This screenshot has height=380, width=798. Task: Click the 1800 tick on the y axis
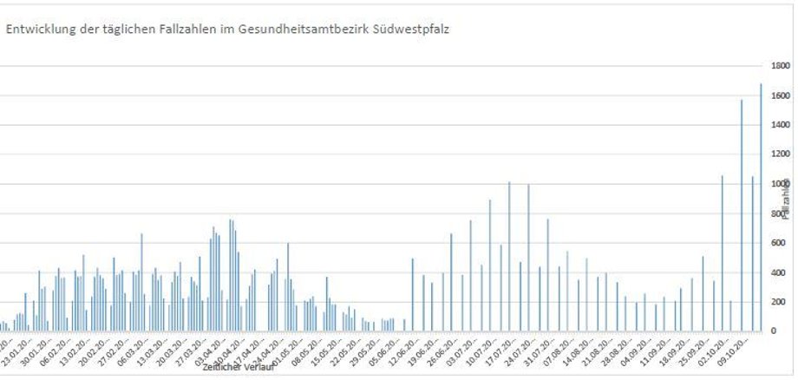(x=780, y=66)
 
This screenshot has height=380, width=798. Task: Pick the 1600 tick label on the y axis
(x=780, y=95)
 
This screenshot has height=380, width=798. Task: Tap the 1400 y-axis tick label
(x=780, y=125)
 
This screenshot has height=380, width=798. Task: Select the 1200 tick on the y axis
(x=780, y=154)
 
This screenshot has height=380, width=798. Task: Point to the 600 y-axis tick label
(x=777, y=243)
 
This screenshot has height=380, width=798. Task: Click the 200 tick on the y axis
(x=777, y=302)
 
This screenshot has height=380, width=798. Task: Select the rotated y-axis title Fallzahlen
(x=786, y=200)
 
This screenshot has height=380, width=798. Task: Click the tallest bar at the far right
(x=761, y=208)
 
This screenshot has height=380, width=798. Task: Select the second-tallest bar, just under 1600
(x=742, y=217)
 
